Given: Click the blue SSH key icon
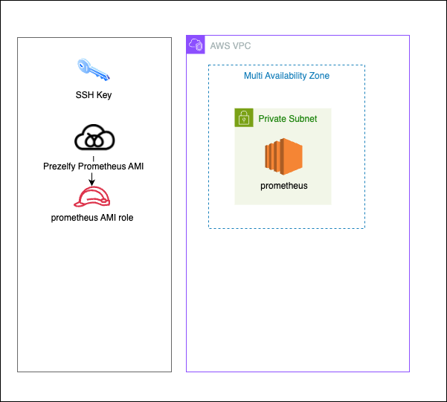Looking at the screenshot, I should (93, 71).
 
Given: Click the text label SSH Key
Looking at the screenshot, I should (94, 95).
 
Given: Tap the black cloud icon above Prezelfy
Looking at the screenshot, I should (93, 139).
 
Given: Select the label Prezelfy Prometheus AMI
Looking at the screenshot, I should (93, 166).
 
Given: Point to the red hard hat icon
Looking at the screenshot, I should (93, 196).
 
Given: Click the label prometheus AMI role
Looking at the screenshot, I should (92, 217).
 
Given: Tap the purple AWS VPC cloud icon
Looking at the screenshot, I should (196, 45).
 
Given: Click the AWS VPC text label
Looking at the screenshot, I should (231, 46).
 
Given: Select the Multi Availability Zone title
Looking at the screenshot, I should (286, 76).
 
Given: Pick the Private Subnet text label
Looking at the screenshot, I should (288, 119).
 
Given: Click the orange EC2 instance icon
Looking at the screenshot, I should (283, 157).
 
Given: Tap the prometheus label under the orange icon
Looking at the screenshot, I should (283, 186).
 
